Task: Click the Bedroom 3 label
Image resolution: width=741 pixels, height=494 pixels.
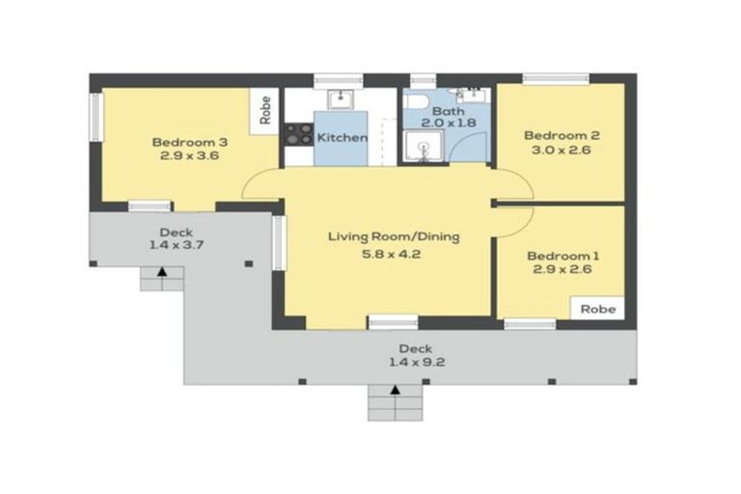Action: (189, 142)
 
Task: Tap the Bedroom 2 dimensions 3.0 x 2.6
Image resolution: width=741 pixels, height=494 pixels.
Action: (562, 150)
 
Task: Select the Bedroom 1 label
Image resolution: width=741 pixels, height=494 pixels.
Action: (563, 257)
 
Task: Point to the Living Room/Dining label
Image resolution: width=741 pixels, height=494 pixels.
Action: (394, 236)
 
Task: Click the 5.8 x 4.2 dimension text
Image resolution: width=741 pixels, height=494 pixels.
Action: (392, 254)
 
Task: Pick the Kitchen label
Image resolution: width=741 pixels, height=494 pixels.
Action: (343, 138)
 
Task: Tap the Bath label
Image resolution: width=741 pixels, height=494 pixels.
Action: (449, 112)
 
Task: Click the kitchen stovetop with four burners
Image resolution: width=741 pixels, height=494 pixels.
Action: (299, 134)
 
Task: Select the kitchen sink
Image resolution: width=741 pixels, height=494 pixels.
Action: (341, 99)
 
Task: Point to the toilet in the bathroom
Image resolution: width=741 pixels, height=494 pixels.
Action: (417, 101)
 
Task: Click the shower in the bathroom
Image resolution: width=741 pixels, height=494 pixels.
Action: (424, 147)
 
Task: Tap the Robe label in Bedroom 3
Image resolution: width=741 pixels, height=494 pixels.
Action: (265, 110)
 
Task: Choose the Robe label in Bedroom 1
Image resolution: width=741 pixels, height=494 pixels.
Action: (598, 309)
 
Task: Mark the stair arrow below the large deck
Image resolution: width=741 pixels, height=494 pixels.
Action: (395, 390)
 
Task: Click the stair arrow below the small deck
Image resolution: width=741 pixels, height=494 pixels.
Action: (162, 272)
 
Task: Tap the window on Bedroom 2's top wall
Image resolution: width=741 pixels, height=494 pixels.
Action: (556, 79)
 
